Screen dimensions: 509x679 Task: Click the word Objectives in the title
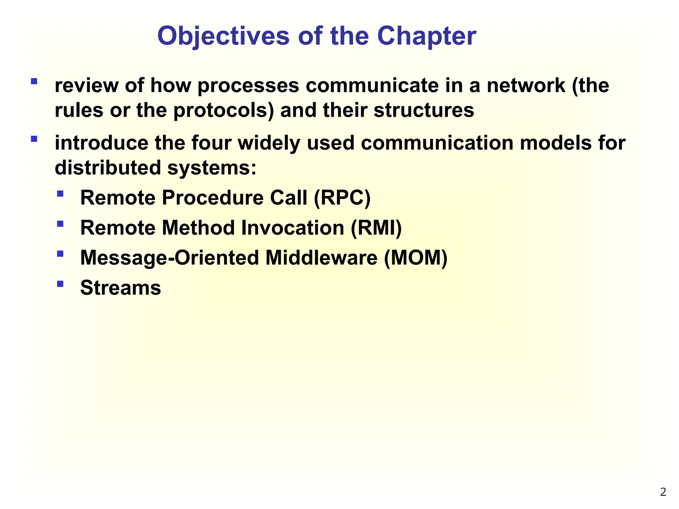tap(223, 36)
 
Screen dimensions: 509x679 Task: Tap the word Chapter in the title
tap(427, 36)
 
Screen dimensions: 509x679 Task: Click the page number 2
tap(663, 492)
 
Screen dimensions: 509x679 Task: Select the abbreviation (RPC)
tap(342, 198)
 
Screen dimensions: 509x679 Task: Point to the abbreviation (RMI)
tap(376, 228)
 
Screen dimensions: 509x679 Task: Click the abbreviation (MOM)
tap(416, 258)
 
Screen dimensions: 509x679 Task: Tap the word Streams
tap(120, 288)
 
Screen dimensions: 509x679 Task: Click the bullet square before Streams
tap(60, 284)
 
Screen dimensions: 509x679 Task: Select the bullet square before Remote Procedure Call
tap(60, 194)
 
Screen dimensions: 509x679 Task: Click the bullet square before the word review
tap(34, 82)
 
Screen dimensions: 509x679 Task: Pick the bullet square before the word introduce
tap(34, 139)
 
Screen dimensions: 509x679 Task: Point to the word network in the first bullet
tap(526, 86)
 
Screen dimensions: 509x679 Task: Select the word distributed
tap(108, 168)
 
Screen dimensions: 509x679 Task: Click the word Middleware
tap(321, 258)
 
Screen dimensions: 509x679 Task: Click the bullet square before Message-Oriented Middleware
tap(60, 254)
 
